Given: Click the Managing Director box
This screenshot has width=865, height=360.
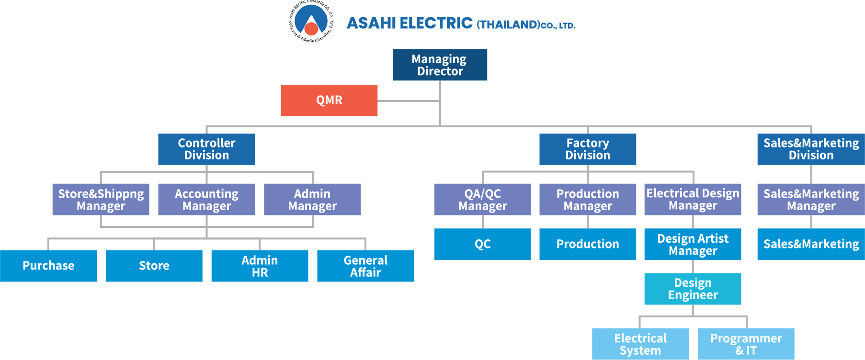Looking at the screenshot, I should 440,65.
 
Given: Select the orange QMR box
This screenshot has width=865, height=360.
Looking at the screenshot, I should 329,100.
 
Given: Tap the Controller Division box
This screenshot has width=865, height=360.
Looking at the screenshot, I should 206,149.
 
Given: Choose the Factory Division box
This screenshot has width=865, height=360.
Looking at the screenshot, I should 588,149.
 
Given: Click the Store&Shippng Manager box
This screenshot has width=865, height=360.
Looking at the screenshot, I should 101,199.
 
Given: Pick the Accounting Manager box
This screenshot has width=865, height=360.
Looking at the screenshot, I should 206,199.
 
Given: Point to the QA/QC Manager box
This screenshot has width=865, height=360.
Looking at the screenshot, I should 482,199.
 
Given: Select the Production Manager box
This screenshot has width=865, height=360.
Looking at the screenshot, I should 588,199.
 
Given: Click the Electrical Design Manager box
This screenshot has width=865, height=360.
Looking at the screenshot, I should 693,199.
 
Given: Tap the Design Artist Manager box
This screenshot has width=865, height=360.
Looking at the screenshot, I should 693,244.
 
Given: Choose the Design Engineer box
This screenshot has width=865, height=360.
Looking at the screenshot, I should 693,289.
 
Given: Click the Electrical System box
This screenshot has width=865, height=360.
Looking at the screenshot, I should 640,344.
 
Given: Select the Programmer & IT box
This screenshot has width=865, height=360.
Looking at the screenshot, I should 746,344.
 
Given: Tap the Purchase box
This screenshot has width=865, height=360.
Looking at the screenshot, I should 48,266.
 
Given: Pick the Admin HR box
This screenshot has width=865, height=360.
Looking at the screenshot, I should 260,266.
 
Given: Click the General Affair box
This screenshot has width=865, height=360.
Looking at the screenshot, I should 365,266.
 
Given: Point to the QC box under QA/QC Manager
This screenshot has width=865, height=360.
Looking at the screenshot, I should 482,244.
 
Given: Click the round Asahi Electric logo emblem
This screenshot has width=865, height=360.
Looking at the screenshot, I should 311,21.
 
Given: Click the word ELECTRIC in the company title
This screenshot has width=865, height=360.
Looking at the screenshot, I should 436,23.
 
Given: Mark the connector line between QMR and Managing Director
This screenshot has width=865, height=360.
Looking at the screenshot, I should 409,101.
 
